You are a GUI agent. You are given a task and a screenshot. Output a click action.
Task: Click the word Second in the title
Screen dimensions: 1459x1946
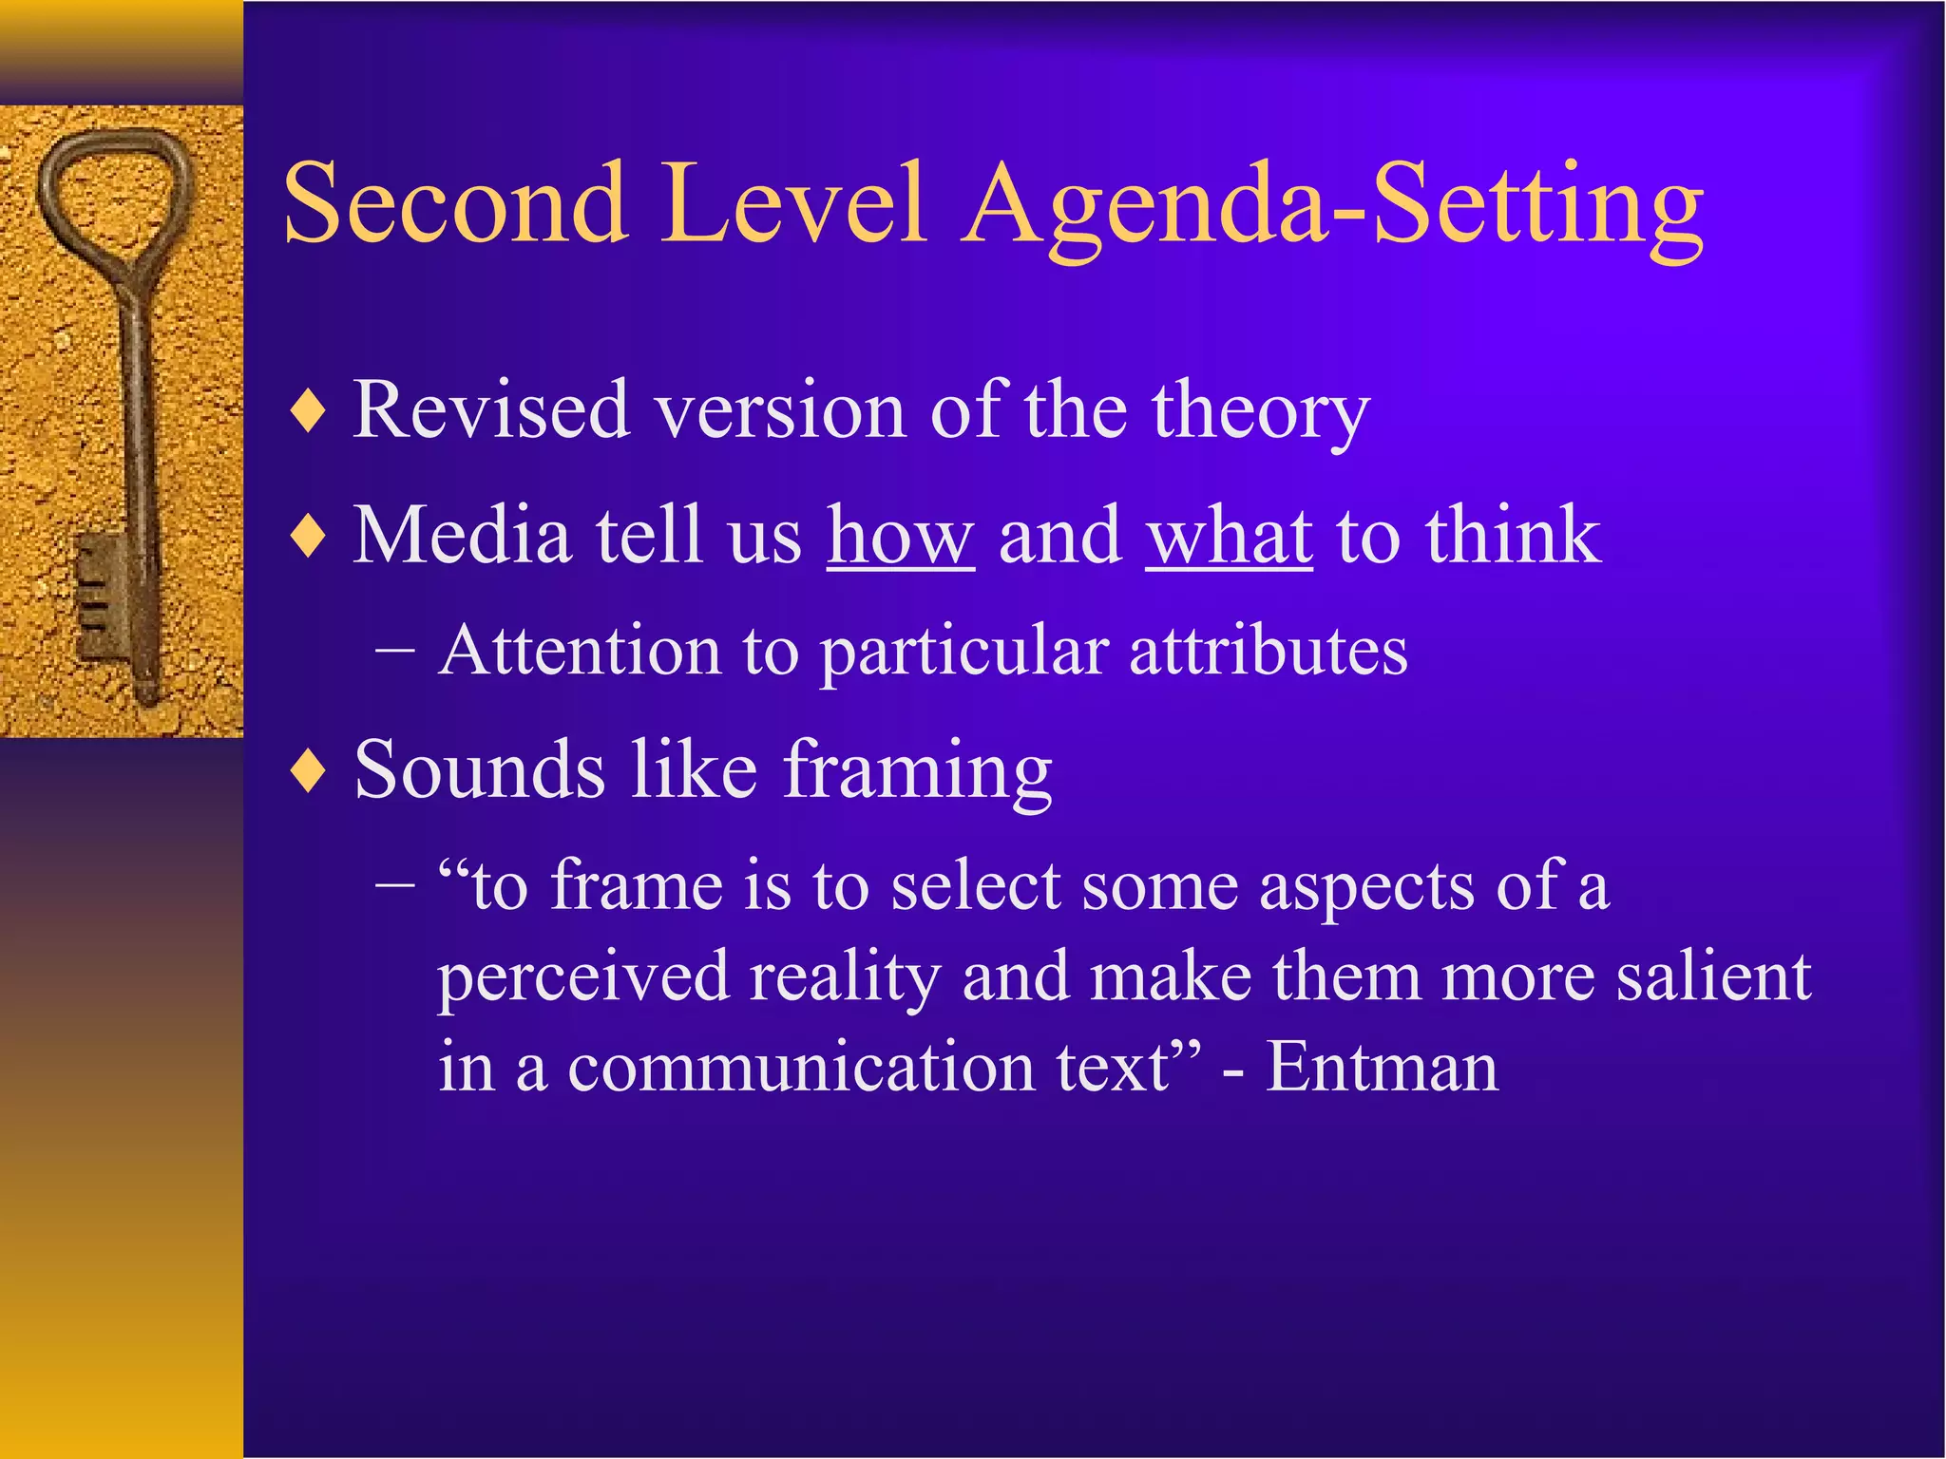(456, 204)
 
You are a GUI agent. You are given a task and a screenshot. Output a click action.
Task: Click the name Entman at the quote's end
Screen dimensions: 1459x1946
(1382, 1067)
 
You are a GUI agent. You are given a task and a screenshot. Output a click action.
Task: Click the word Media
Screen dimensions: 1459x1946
(462, 535)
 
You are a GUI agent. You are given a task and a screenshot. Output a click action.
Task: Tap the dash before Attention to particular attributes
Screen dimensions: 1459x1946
(395, 652)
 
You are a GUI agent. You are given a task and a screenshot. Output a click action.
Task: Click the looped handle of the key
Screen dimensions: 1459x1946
(114, 190)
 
